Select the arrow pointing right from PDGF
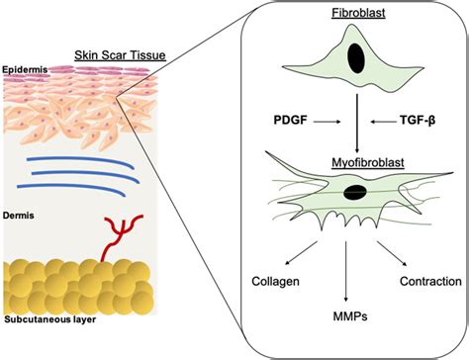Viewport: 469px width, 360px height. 329,122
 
